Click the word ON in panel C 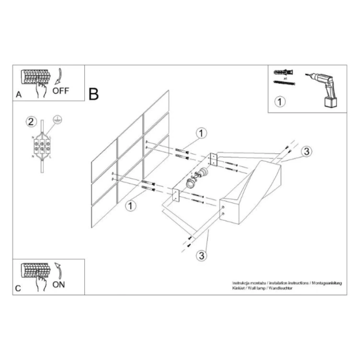(59, 285)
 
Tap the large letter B (94, 94)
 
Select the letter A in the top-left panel (19, 95)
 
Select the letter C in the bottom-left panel (19, 288)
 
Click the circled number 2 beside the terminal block (31, 122)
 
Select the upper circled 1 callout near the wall (201, 133)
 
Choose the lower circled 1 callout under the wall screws (130, 205)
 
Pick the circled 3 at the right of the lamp (307, 152)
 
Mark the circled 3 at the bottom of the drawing (201, 255)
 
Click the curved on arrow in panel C (58, 271)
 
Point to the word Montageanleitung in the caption (327, 283)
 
